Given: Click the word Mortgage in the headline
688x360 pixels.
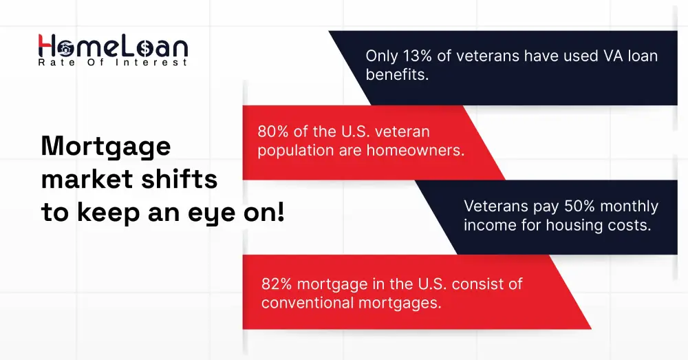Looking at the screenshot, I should [105, 147].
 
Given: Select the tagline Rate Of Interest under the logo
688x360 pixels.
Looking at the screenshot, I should [113, 63].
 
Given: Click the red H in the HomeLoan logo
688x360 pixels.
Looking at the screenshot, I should [47, 46].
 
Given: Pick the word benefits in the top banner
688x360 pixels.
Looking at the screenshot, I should [397, 75].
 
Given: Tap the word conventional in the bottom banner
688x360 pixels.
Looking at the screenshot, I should [304, 302].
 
